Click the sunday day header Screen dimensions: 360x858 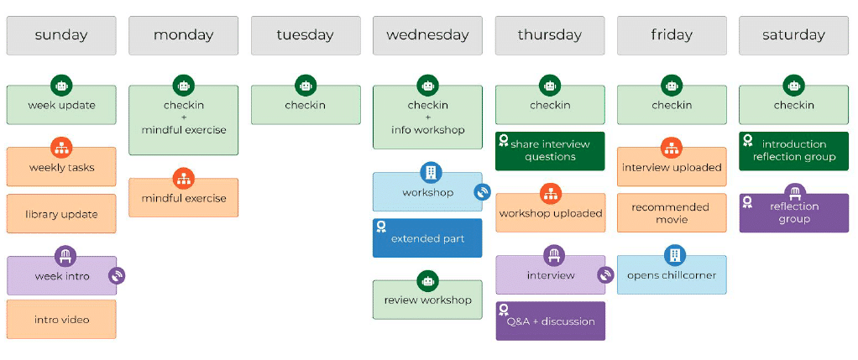tap(61, 35)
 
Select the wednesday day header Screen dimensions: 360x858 tap(427, 35)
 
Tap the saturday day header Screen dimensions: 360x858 tap(793, 35)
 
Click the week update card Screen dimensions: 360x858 tap(61, 106)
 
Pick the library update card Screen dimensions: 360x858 tap(61, 214)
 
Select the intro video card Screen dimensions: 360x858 tap(61, 320)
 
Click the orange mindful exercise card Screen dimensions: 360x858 tap(183, 199)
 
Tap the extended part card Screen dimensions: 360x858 tap(427, 238)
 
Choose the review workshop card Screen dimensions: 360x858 tap(427, 300)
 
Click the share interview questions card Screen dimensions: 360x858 tap(550, 150)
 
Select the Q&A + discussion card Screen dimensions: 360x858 tap(550, 321)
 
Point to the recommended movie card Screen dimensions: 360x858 tap(672, 213)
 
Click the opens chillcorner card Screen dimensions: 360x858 tap(672, 275)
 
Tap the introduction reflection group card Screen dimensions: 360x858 tap(793, 150)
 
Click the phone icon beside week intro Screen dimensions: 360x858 tap(117, 275)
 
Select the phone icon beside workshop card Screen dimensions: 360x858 tap(482, 192)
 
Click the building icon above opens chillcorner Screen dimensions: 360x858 tap(672, 255)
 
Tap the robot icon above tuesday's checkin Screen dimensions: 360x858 tap(306, 85)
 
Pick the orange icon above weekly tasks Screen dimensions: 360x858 tap(61, 148)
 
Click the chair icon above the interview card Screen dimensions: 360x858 tap(550, 255)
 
